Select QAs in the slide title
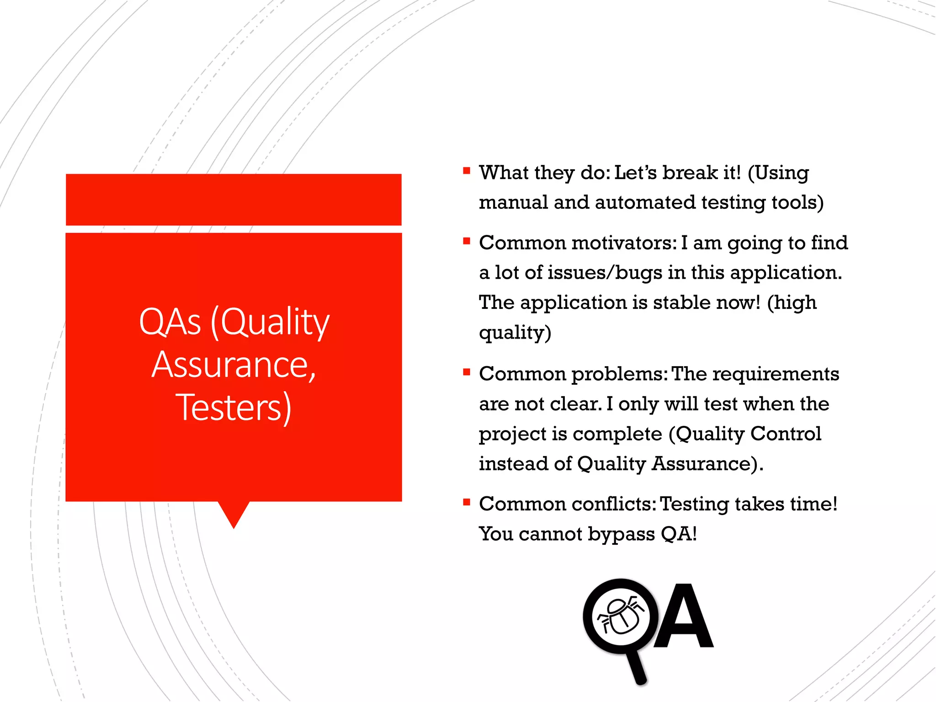170,322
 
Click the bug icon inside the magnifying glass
620,617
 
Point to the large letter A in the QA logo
683,617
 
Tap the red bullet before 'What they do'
466,171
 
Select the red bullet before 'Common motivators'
466,241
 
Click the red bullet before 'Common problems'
466,372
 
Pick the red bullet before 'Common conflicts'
466,503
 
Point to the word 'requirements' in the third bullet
776,374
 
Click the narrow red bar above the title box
234,200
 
